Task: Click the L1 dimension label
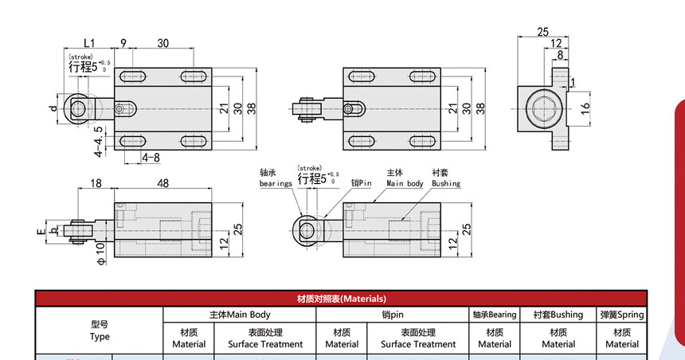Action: pyautogui.click(x=88, y=43)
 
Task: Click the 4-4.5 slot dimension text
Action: pyautogui.click(x=99, y=141)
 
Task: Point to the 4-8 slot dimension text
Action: pyautogui.click(x=151, y=157)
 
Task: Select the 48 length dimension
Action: pyautogui.click(x=162, y=183)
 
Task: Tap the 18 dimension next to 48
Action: pyautogui.click(x=96, y=183)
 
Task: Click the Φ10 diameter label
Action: pyautogui.click(x=101, y=254)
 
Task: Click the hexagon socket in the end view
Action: pyautogui.click(x=543, y=108)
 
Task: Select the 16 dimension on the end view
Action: pyautogui.click(x=585, y=107)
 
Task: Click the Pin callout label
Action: pyautogui.click(x=362, y=183)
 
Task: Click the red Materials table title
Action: pyautogui.click(x=341, y=299)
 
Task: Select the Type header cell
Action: pyautogui.click(x=100, y=331)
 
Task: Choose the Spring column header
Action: pyautogui.click(x=621, y=315)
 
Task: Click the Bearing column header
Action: pyautogui.click(x=495, y=315)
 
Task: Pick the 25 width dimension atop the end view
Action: pyautogui.click(x=542, y=32)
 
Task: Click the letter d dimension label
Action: pyautogui.click(x=53, y=108)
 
